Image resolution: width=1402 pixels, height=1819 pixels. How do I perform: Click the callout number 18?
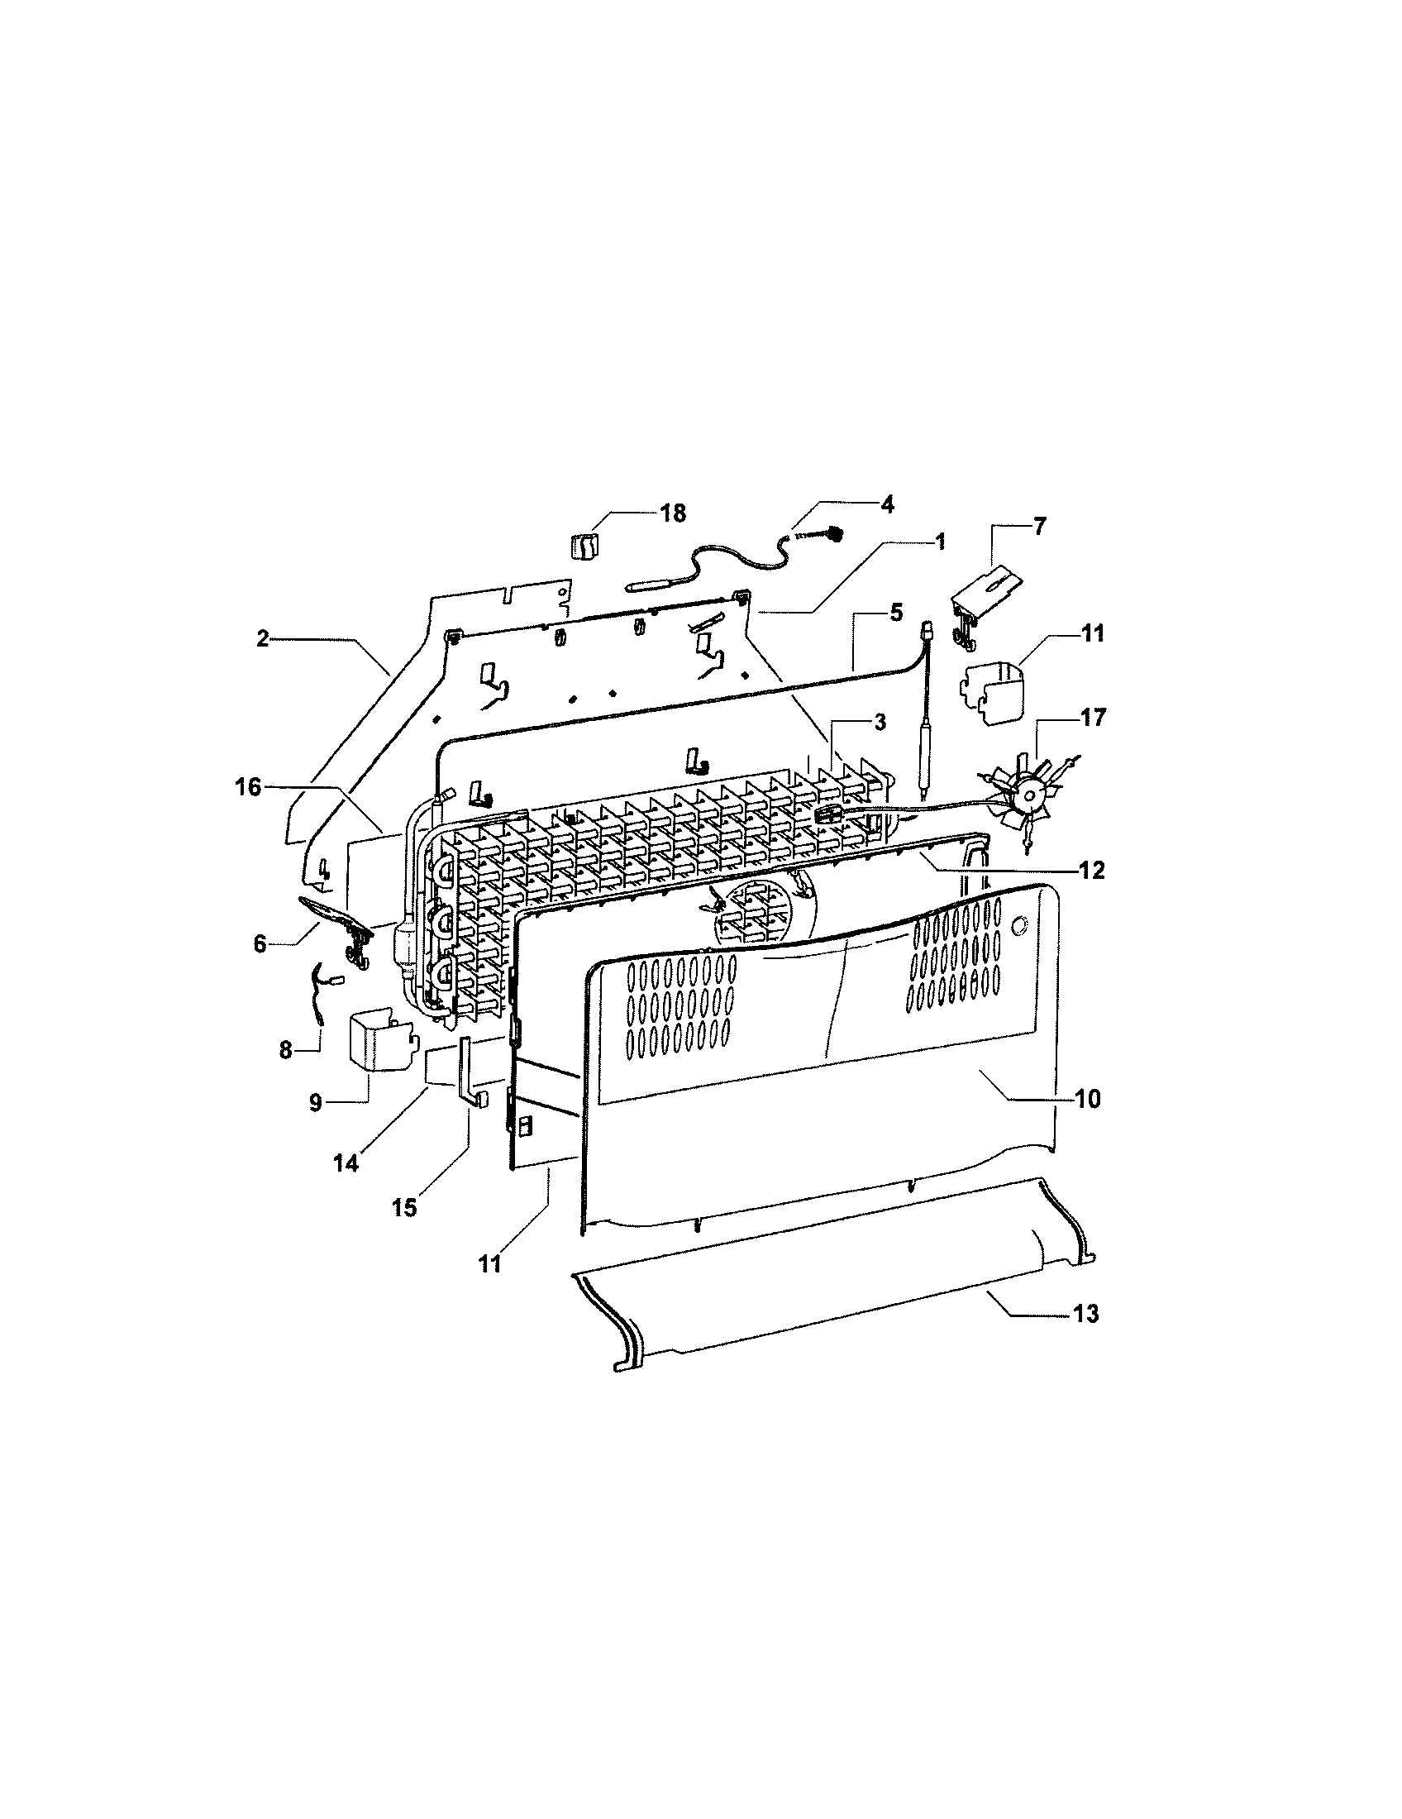(x=673, y=514)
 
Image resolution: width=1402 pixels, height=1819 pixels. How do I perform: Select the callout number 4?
(x=887, y=504)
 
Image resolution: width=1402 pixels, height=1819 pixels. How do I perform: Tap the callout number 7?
(x=1040, y=527)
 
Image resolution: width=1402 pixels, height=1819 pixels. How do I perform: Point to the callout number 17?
(x=1093, y=717)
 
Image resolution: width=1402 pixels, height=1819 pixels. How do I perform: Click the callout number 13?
(x=1085, y=1314)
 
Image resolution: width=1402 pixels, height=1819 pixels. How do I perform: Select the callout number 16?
(x=248, y=786)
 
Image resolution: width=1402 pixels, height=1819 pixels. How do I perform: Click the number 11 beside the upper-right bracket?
(x=1093, y=634)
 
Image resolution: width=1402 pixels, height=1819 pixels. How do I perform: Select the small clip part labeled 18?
(x=585, y=547)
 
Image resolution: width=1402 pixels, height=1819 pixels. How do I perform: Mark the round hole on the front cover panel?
(x=1020, y=924)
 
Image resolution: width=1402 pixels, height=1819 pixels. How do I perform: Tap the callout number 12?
(x=1091, y=871)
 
